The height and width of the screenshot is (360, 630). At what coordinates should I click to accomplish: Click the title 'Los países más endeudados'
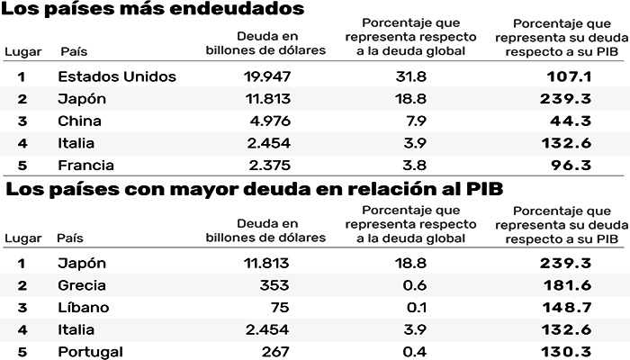coord(152,11)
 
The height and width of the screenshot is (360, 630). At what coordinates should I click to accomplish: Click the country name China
coord(79,121)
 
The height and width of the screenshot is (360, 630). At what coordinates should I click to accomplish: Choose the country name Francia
coord(86,166)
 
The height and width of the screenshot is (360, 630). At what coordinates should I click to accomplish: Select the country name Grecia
coord(82,285)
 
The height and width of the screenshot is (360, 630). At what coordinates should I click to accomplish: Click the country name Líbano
coord(84,307)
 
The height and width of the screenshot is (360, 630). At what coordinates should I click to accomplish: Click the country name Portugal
coord(90,351)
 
